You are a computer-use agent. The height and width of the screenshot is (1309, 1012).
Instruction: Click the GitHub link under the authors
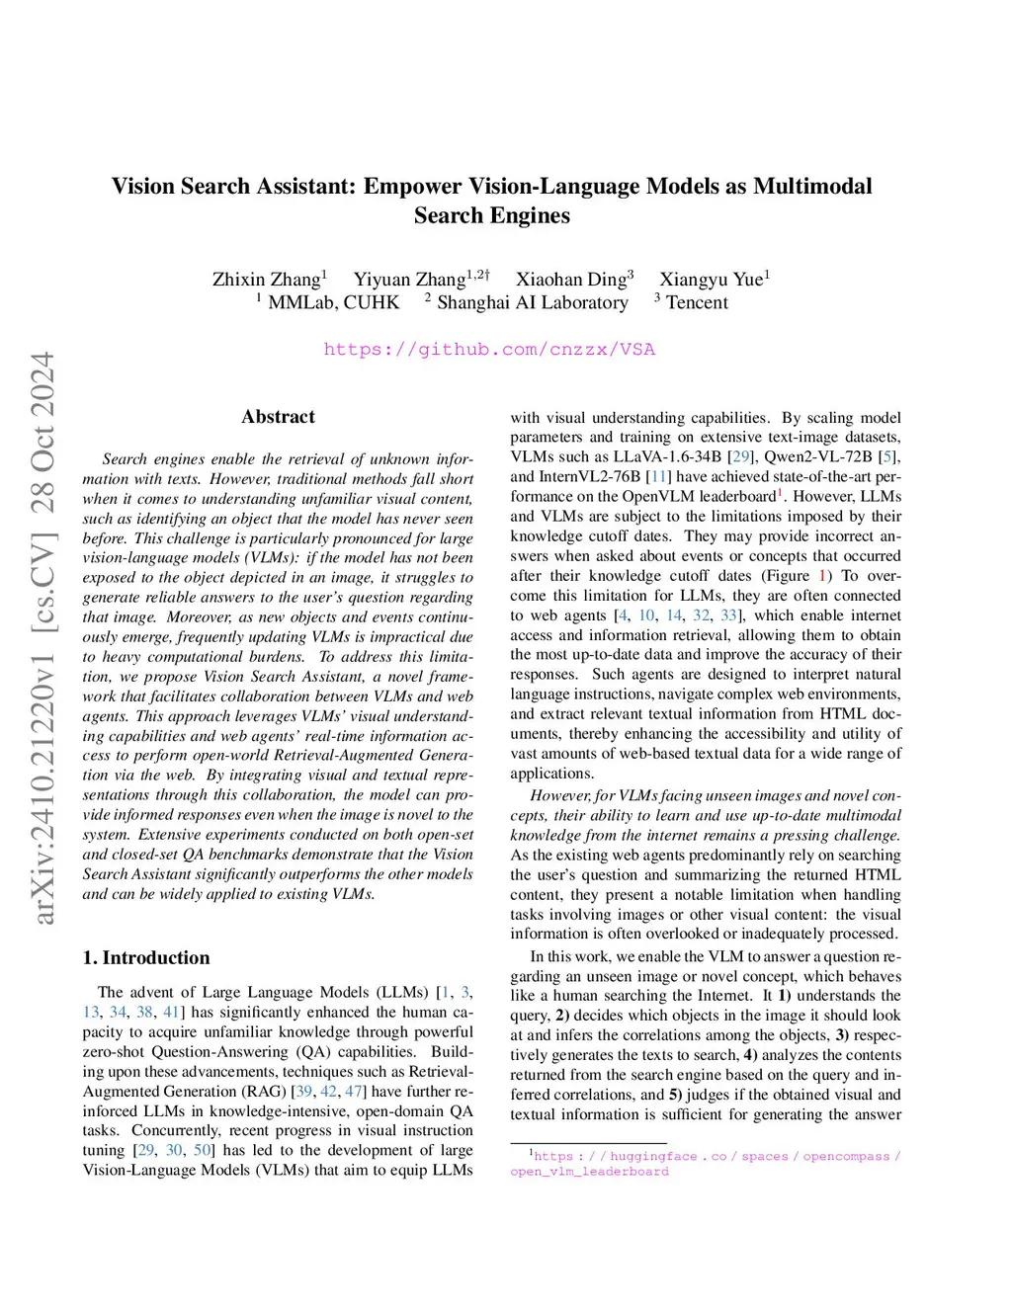[x=489, y=349]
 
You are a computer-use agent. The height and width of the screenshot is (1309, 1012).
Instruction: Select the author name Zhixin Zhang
[x=266, y=280]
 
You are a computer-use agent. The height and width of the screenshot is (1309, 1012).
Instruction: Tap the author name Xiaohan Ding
[x=570, y=280]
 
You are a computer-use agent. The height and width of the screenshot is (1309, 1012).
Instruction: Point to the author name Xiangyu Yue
[x=711, y=280]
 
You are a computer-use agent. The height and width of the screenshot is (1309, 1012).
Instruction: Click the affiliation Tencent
[x=697, y=302]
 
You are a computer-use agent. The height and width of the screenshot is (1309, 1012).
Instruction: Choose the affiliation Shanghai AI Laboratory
[x=532, y=302]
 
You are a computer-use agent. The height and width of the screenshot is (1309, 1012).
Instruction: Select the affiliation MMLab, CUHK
[x=333, y=302]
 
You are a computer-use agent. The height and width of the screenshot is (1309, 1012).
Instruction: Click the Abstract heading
[x=278, y=417]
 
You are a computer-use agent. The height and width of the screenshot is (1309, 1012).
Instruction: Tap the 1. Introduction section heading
[x=146, y=957]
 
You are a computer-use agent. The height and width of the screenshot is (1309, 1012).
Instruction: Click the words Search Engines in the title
[x=491, y=215]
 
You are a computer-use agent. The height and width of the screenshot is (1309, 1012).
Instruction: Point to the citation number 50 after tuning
[x=202, y=1150]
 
